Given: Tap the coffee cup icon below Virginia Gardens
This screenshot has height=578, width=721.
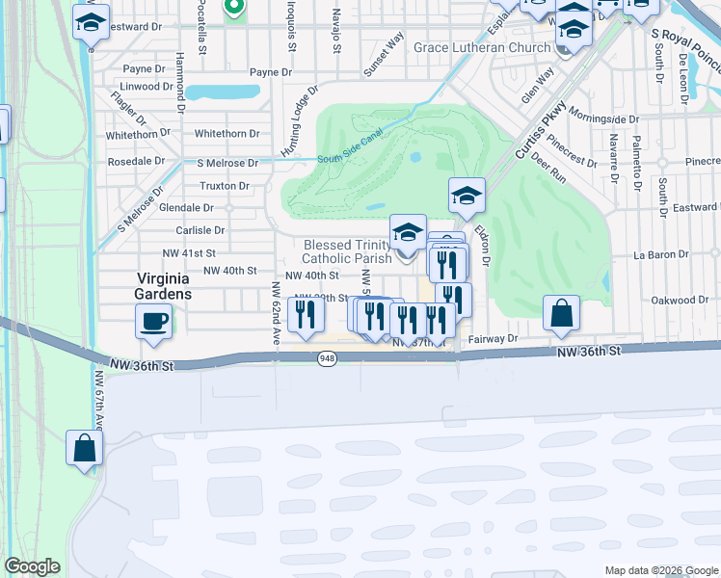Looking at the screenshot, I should tap(155, 322).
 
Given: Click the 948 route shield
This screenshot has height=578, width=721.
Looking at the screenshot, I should tap(328, 358).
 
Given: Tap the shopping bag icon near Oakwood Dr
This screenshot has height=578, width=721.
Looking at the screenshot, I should tap(561, 313).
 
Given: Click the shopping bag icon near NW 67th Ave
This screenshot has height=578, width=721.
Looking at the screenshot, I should tap(84, 447).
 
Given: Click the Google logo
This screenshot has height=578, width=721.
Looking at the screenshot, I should tap(32, 565).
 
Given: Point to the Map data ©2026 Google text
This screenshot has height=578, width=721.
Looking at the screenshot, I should tap(660, 570).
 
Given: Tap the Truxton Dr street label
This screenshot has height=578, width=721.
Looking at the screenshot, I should tap(225, 185).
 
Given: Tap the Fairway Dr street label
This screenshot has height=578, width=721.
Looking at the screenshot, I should tap(494, 339).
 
